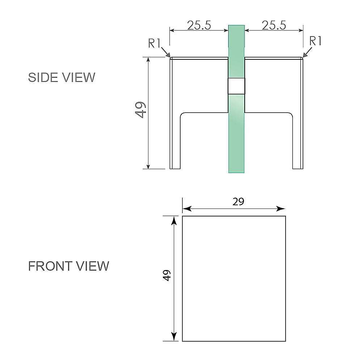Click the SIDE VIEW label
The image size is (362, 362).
tap(62, 77)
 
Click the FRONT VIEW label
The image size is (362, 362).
tap(68, 266)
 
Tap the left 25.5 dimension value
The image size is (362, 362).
tap(199, 25)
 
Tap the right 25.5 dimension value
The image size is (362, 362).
tap(274, 25)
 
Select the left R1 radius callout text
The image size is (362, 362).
tap(155, 43)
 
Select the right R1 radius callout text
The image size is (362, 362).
tap(316, 41)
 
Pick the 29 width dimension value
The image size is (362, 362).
tap(238, 202)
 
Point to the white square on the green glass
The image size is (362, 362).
tap(236, 87)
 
